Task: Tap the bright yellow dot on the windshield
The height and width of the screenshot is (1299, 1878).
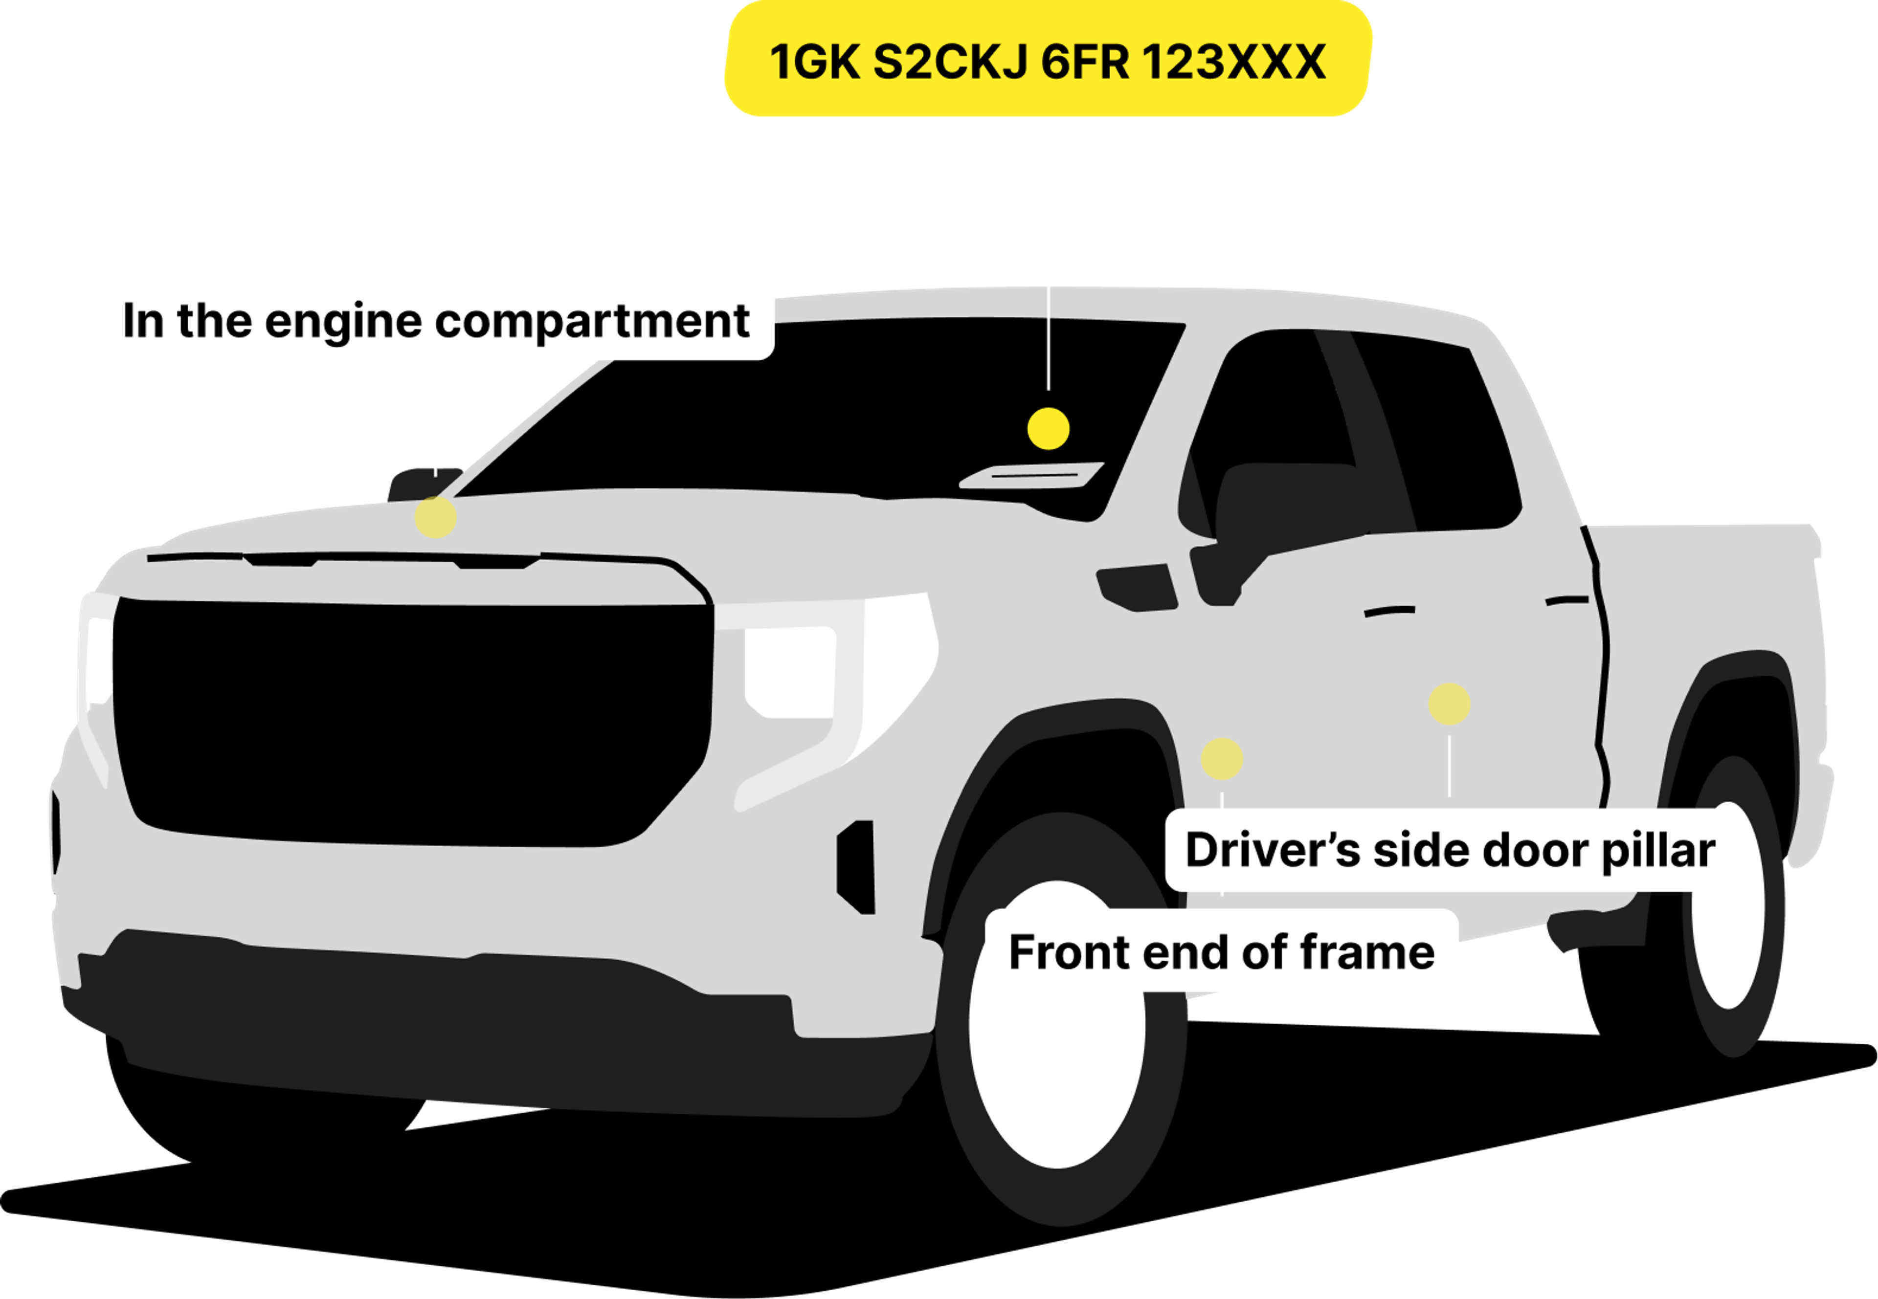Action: click(x=1048, y=428)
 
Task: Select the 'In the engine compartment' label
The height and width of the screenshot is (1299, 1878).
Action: click(x=436, y=319)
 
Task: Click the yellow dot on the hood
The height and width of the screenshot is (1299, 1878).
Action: click(x=436, y=517)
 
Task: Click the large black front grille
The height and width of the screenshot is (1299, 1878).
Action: click(x=411, y=720)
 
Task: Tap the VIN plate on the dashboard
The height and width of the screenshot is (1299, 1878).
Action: click(x=1031, y=475)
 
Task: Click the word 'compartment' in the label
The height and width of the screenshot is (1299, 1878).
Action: click(x=592, y=321)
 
